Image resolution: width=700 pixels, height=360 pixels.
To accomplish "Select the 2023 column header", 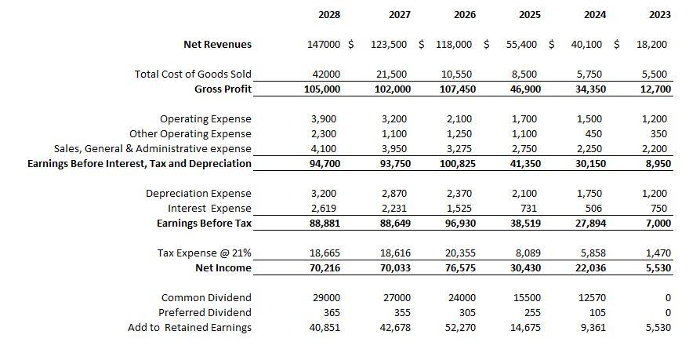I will tap(660, 15).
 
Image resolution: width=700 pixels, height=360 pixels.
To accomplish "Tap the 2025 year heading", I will tap(529, 15).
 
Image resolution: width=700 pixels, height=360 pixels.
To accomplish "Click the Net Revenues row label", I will tap(217, 45).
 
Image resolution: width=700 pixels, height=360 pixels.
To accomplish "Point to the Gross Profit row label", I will tap(223, 89).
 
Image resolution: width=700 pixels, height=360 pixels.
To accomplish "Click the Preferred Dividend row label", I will tap(205, 312).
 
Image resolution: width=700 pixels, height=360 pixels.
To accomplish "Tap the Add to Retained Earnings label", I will tap(190, 327).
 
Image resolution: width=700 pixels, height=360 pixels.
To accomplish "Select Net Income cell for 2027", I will tap(391, 268).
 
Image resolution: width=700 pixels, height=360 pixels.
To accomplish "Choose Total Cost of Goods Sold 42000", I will tap(327, 75).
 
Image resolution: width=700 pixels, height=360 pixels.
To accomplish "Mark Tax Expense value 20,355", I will tap(457, 253).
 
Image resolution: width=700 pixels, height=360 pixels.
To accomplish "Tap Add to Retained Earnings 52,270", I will tap(457, 327).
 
